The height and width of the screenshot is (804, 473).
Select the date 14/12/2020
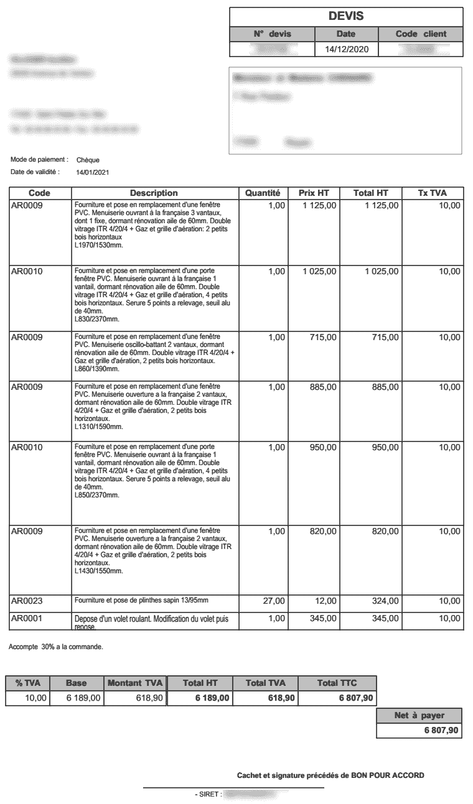(x=346, y=49)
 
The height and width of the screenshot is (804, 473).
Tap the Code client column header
(x=421, y=34)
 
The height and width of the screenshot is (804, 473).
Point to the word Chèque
(x=88, y=160)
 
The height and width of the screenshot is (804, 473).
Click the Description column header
(x=154, y=193)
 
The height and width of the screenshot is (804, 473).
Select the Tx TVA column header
(x=433, y=193)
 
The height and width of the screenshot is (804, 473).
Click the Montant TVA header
(x=135, y=683)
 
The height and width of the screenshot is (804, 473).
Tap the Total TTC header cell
(x=336, y=683)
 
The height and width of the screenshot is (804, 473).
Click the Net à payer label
(x=419, y=716)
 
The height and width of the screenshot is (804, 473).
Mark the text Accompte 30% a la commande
(x=56, y=647)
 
